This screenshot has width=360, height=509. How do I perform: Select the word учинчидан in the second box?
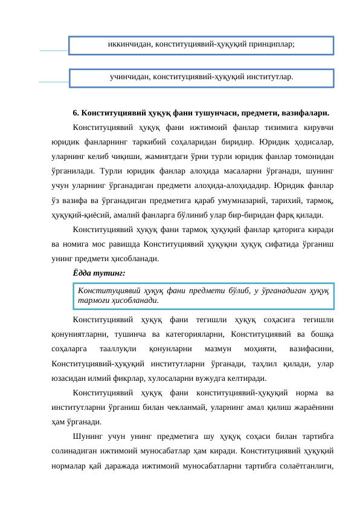tap(130, 77)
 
